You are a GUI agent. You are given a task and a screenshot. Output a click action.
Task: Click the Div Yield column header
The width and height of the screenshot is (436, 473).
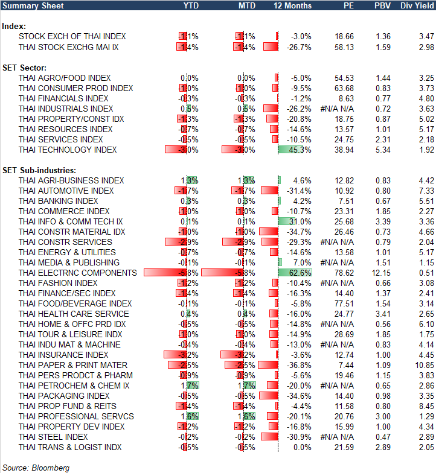point(416,5)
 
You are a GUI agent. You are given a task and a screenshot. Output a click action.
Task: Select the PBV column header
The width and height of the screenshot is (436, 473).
point(382,5)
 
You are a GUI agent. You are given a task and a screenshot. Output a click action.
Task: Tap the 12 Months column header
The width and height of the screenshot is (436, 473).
point(293,5)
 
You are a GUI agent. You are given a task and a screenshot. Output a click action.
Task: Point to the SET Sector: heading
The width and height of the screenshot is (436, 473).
point(25,68)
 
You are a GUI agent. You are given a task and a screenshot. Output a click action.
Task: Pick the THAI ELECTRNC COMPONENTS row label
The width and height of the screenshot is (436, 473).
point(78,273)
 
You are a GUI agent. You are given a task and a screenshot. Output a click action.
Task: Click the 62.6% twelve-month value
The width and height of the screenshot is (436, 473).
point(300,273)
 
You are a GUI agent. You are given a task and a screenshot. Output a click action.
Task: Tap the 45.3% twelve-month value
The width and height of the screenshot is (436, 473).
point(300,150)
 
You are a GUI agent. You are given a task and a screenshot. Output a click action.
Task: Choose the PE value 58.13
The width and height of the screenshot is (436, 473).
point(345,47)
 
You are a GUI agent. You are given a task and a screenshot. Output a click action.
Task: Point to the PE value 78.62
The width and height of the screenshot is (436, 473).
point(345,273)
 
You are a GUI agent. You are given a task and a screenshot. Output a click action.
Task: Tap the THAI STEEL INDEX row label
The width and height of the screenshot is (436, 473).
point(53,437)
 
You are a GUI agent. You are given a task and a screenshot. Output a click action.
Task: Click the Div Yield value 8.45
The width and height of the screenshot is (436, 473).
point(426,406)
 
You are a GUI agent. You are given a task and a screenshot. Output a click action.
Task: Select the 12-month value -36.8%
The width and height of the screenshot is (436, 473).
point(300,365)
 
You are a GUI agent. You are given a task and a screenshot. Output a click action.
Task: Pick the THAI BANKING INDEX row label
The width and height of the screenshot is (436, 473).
point(59,201)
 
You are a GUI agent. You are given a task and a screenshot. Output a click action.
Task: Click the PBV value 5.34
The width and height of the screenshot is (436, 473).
point(383,150)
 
